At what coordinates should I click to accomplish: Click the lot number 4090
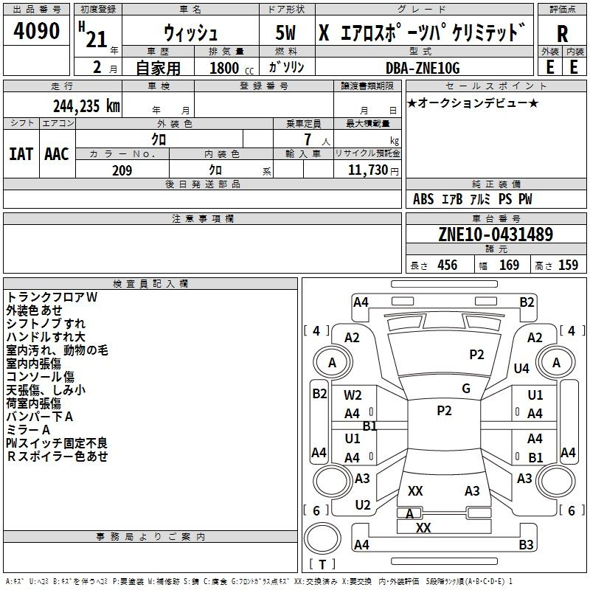point(37,32)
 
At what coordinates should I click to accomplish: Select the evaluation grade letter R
point(562,33)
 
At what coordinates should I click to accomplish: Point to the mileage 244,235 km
point(86,105)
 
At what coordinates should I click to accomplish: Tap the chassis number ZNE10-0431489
point(496,235)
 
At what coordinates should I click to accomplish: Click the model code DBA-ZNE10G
point(423,68)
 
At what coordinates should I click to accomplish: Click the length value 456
point(444,265)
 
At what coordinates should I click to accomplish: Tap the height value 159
point(568,265)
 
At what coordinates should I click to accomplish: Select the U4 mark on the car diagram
point(521,368)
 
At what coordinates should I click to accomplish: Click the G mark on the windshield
point(466,389)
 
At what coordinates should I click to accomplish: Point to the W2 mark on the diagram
point(353,395)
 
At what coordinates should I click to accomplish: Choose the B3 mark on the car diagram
point(526,545)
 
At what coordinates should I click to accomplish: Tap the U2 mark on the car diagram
point(362,505)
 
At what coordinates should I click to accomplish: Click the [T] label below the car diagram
point(322,565)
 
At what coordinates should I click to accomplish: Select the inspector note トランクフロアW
point(52,297)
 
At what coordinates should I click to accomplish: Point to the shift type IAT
point(21,154)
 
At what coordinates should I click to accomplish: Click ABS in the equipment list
point(423,199)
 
